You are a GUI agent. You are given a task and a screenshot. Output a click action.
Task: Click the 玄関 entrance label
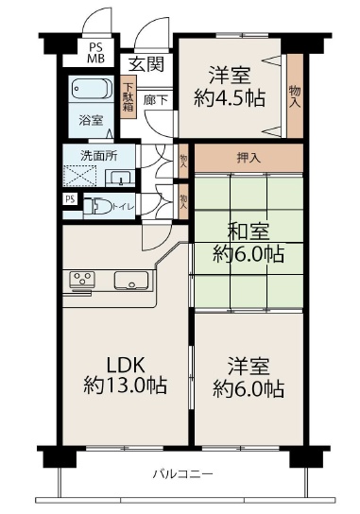pos(146,64)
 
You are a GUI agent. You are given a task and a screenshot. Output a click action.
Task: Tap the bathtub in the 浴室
pos(92,89)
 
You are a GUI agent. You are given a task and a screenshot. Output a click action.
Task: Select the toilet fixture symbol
pos(97,206)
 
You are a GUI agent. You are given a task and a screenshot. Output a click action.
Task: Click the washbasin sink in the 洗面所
pos(120,178)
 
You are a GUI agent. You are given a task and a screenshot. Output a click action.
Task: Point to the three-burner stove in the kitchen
pos(82,280)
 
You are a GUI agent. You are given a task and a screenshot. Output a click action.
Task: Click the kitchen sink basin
pos(131,281)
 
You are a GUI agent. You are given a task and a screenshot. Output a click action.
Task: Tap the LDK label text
pos(126,365)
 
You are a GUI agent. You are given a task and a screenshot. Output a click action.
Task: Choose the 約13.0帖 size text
pos(126,385)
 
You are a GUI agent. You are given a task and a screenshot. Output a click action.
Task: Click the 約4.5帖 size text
pos(230,97)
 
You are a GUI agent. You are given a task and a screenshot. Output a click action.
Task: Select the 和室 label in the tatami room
pos(249,231)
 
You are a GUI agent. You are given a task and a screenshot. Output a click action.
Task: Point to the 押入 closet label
pos(249,158)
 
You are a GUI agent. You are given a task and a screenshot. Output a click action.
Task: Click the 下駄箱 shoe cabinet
pos(128,97)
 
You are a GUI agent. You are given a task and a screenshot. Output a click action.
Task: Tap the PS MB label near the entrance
pos(95,53)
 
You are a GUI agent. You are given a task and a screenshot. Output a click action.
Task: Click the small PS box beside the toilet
pos(70,199)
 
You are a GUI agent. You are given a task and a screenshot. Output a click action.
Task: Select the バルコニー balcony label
pos(183,474)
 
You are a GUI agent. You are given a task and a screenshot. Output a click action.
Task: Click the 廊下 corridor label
pos(156,100)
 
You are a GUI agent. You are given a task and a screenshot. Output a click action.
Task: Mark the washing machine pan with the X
pos(79,176)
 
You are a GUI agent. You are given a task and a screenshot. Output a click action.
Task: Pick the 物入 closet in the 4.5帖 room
pos(295,95)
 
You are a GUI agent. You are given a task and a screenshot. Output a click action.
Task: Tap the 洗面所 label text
pos(98,156)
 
